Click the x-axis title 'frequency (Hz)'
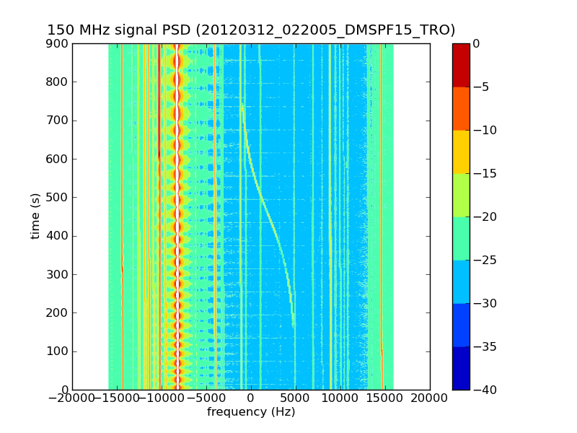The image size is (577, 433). pyautogui.click(x=251, y=412)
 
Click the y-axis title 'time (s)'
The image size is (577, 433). pyautogui.click(x=35, y=216)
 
